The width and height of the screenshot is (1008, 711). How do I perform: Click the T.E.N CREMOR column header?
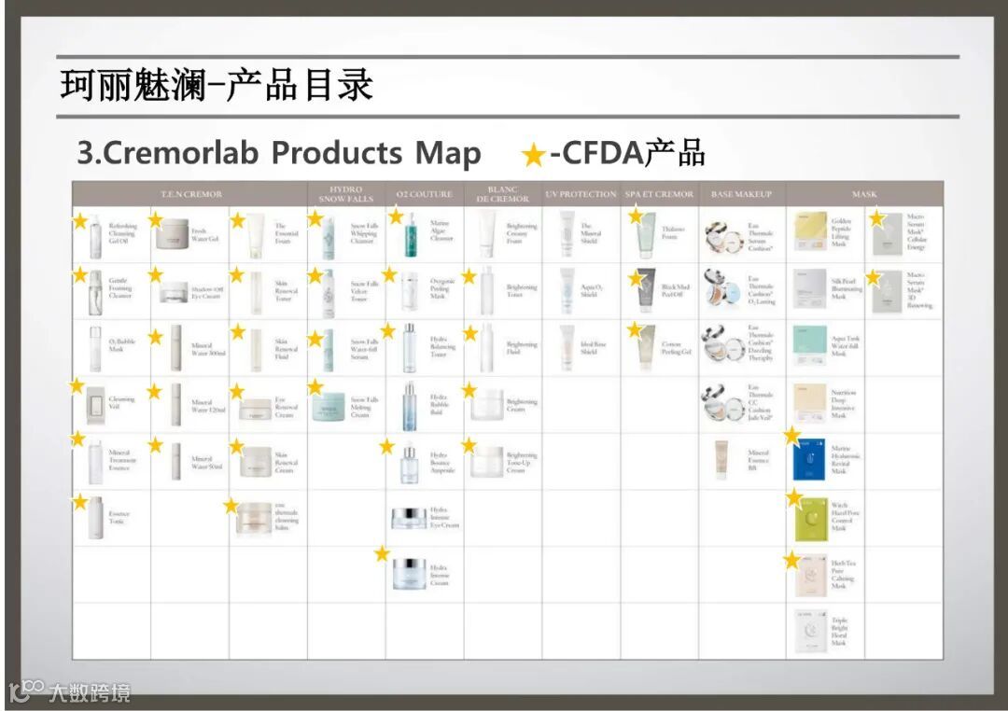pos(190,194)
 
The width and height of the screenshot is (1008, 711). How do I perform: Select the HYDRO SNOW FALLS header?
pos(346,194)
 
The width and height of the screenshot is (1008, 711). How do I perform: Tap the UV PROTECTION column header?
pos(581,194)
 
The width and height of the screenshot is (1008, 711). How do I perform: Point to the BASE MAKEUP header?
pos(741,194)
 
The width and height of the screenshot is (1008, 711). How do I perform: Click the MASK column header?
pos(864,194)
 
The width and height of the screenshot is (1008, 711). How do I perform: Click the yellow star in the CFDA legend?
pos(534,155)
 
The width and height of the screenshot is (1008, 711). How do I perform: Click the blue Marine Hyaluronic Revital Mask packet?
pos(809,459)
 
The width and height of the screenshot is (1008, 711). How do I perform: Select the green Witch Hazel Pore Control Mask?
pos(809,518)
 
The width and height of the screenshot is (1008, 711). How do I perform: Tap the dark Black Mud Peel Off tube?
pos(648,290)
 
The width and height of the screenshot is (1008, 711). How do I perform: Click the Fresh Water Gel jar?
pos(172,233)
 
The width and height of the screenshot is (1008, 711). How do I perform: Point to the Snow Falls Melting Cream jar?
pos(329,407)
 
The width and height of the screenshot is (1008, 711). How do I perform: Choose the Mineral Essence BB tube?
pos(721,458)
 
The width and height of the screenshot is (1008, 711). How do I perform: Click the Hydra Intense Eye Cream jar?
pos(409,519)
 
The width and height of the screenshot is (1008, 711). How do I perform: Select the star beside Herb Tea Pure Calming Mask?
pos(792,561)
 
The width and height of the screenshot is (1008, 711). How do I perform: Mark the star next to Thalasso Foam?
pos(637,216)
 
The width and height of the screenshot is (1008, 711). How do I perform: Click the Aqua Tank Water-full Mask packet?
pos(809,346)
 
